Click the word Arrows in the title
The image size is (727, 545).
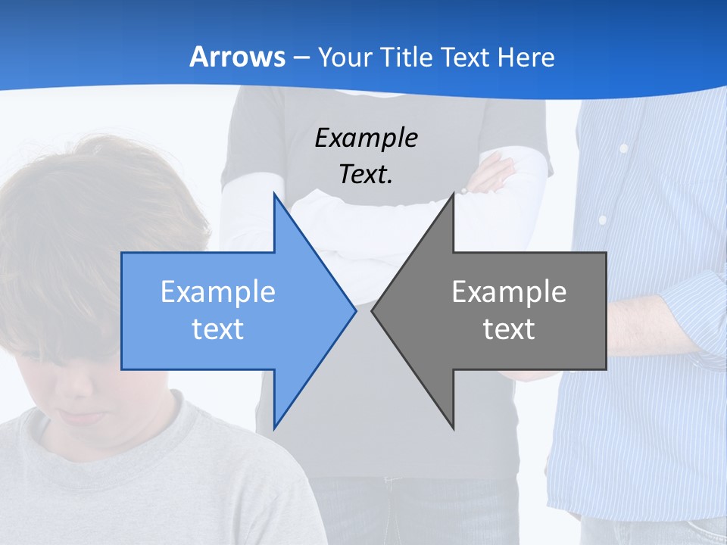238,58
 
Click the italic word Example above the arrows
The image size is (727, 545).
367,138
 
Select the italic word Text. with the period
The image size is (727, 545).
367,174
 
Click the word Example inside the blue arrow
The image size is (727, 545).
218,292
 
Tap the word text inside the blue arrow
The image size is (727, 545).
218,329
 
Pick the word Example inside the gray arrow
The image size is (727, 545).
509,292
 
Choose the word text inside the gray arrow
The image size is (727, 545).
509,329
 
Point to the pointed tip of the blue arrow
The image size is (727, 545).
354,310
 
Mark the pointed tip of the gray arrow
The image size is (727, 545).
373,310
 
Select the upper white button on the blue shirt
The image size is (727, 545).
624,149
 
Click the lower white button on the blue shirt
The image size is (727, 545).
603,220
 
